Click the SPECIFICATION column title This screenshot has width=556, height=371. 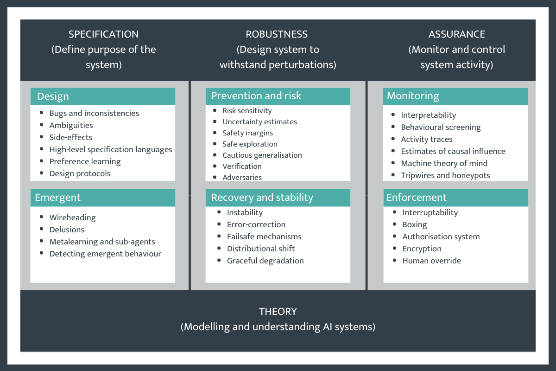103,34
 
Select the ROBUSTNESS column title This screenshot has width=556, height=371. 277,34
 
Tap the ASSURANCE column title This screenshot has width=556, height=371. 456,34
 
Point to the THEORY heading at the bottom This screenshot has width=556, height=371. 278,312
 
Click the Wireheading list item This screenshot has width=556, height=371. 73,217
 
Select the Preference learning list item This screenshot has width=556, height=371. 85,161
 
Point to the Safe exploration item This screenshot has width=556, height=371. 250,144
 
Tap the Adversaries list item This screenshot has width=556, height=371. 242,177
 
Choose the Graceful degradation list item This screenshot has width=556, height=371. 265,261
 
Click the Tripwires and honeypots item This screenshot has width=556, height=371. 445,175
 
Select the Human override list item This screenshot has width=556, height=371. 432,261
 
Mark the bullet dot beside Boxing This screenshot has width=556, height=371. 394,224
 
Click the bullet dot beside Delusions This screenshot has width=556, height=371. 41,229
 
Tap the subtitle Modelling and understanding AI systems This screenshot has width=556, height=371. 278,327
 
